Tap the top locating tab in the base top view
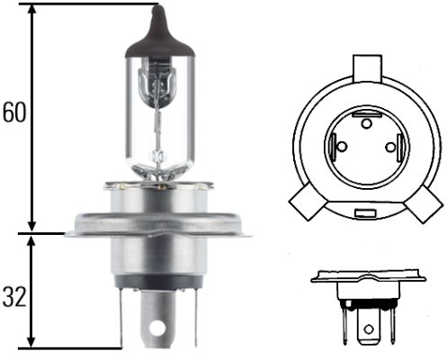tap(367, 67)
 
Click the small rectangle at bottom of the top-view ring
tap(366, 213)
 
